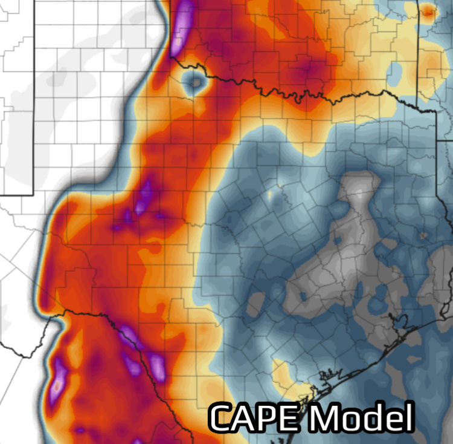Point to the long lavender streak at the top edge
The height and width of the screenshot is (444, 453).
tap(182, 27)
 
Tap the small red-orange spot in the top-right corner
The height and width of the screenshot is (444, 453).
tap(428, 10)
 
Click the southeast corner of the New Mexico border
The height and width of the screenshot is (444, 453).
tap(31, 195)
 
